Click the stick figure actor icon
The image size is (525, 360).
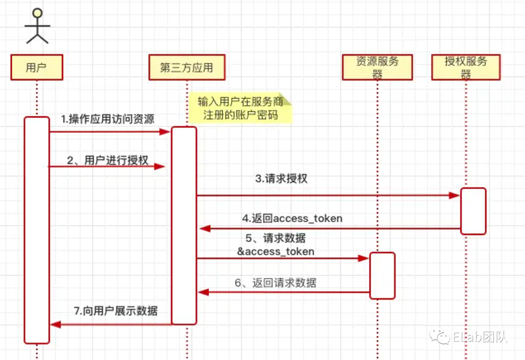37,26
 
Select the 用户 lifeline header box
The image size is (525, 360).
36,67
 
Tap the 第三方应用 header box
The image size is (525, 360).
187,67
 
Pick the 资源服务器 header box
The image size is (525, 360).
377,67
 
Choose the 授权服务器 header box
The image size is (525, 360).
466,67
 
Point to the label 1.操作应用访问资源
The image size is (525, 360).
107,119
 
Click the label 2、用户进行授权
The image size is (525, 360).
108,161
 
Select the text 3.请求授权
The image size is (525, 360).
281,179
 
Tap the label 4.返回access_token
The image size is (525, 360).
292,218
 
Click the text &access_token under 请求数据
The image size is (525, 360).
275,252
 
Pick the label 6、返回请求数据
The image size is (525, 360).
275,283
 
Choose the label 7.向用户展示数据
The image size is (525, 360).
116,311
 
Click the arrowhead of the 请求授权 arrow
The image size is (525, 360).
455,196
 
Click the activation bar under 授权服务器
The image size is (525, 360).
473,211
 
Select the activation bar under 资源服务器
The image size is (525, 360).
382,275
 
